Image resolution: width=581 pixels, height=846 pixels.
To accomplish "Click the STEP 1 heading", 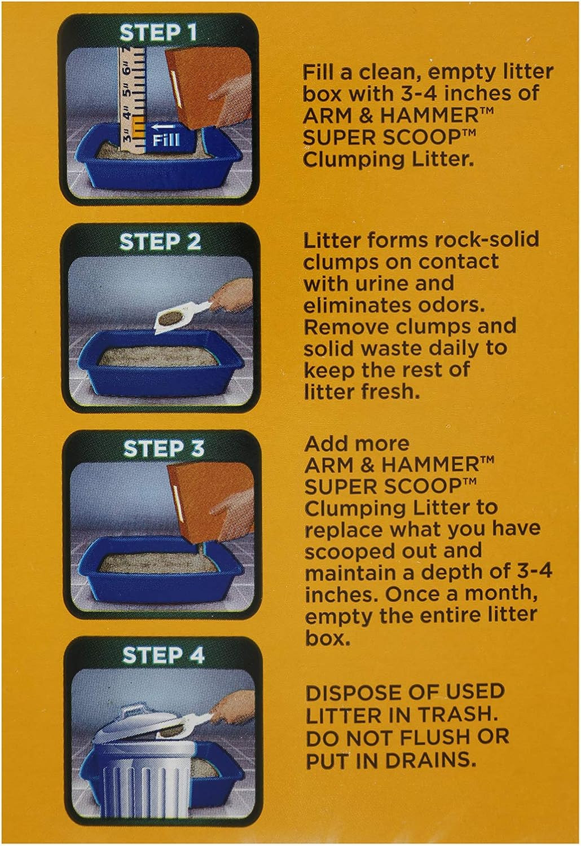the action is point(159,33).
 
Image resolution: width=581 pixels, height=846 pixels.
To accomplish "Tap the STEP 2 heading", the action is point(160,242).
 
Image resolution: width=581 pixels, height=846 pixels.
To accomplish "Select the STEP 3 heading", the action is point(164,449).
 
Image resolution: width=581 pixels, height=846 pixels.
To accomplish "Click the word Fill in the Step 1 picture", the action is point(166,140).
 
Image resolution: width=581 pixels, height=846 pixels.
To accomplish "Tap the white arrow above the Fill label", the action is point(165,126).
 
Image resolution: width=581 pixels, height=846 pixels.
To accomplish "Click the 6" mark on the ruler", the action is point(127,69).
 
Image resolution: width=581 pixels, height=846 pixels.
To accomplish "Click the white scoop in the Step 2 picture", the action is point(181,315).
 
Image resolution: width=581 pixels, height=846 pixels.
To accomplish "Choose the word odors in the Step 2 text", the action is point(452,305).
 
